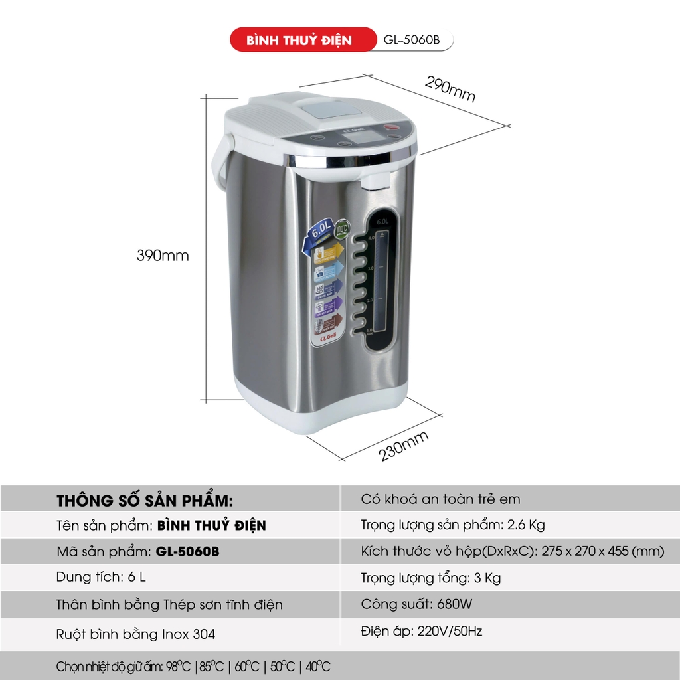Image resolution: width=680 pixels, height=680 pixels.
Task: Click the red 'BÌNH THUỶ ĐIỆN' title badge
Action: coord(299,40)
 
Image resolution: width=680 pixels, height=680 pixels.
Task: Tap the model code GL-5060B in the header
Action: coord(412,40)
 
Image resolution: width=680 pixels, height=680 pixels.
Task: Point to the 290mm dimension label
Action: coord(450,89)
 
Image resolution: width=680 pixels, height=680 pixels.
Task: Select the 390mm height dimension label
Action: coord(163,256)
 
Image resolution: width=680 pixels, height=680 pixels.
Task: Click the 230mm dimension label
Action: coord(404,446)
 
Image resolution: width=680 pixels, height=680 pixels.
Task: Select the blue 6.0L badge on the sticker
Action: coord(320,233)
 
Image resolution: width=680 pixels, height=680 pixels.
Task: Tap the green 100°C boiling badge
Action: coord(342,227)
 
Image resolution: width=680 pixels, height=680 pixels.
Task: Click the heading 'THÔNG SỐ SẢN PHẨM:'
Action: coord(145,499)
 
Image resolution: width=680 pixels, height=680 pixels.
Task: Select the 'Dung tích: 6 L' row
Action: coord(101,577)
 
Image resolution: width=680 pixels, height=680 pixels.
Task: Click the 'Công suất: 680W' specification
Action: coord(417,604)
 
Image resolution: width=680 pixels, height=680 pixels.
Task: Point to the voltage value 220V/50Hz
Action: coord(450,631)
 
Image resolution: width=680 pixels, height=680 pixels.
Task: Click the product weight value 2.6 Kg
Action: coord(526,525)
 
